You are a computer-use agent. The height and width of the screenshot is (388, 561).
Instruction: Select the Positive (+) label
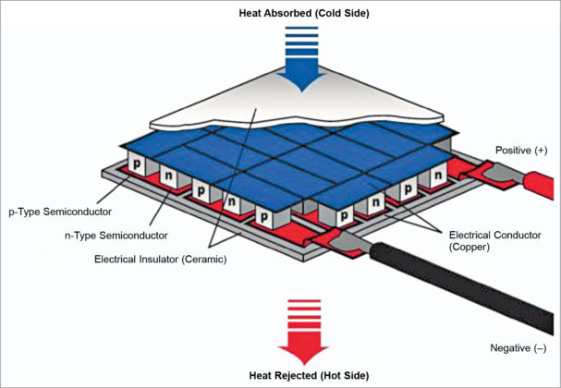pyautogui.click(x=520, y=150)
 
